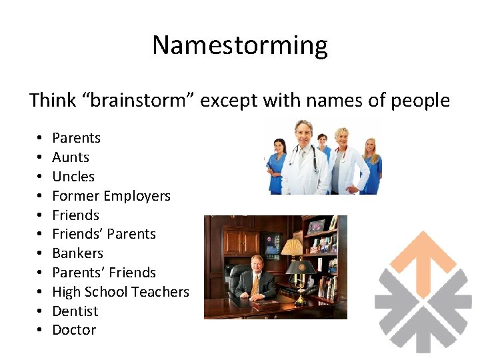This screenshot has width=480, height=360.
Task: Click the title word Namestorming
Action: (x=240, y=45)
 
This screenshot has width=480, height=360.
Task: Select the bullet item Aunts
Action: (x=71, y=157)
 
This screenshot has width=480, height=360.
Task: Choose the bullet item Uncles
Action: (x=73, y=177)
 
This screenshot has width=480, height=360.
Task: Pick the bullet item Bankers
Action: (x=77, y=253)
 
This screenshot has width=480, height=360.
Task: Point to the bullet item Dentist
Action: (x=75, y=311)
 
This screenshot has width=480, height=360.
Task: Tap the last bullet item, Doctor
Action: (x=74, y=330)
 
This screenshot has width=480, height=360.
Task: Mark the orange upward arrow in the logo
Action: (x=424, y=257)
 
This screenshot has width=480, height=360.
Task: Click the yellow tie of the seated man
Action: (x=255, y=284)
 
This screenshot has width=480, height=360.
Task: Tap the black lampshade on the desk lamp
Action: (x=301, y=267)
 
